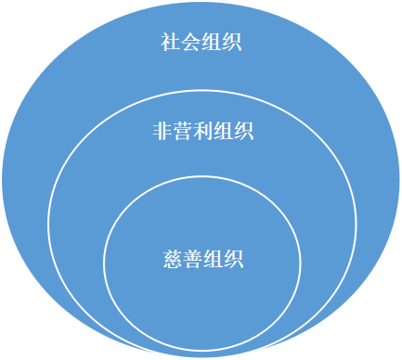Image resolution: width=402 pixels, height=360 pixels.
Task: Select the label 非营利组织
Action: tap(201, 131)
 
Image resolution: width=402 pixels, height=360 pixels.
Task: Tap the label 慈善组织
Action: tap(201, 257)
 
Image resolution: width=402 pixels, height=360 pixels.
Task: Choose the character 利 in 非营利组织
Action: tap(201, 131)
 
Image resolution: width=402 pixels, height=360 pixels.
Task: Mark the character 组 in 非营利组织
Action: tap(222, 131)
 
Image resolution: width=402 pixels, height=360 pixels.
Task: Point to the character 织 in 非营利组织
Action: tap(242, 131)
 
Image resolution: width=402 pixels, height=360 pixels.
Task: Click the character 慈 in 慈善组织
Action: tap(171, 257)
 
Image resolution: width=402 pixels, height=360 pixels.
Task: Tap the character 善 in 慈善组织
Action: tap(191, 257)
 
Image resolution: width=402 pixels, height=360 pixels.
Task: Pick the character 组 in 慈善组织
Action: tap(212, 257)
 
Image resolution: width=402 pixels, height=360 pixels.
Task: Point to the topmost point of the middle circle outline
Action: tap(201, 90)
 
